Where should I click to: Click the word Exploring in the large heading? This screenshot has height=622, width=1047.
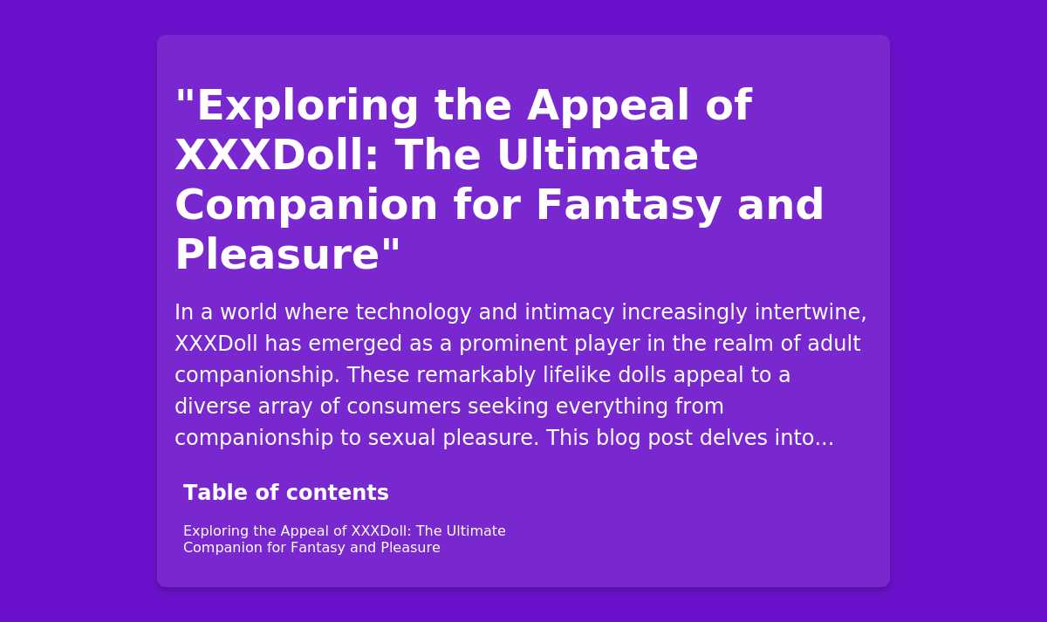tap(307, 106)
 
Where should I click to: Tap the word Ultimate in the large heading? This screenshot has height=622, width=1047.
tap(598, 154)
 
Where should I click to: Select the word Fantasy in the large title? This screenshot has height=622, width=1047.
tap(628, 206)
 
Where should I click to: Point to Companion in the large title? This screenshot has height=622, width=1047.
tap(306, 206)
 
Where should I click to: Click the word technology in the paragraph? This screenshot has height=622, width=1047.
tap(414, 312)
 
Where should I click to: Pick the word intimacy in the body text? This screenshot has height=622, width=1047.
tap(569, 312)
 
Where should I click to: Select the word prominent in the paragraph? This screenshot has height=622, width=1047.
tap(513, 344)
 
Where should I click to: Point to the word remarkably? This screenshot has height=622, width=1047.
tap(476, 375)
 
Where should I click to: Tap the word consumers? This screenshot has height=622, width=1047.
tap(404, 407)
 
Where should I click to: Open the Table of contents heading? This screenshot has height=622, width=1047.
tap(286, 493)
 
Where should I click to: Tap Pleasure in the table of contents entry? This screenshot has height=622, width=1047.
tap(410, 547)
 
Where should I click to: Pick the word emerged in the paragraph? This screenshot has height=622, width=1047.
tap(355, 344)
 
